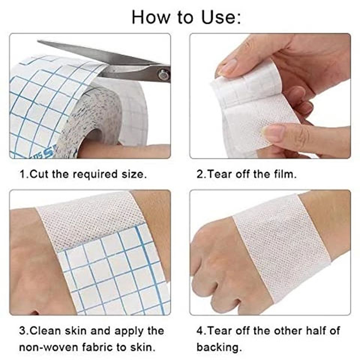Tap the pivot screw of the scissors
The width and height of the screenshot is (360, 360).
pos(164,75)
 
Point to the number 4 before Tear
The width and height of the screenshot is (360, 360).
pos(200,331)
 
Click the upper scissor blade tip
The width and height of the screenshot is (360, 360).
pos(38,41)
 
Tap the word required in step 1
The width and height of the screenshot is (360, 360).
pos(95,175)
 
